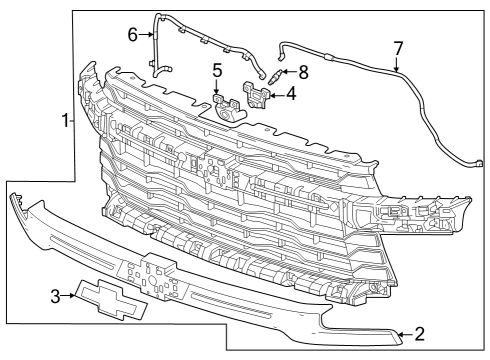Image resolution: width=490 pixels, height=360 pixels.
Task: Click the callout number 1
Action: pyautogui.click(x=66, y=121)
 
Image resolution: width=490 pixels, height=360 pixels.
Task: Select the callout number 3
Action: pyautogui.click(x=56, y=295)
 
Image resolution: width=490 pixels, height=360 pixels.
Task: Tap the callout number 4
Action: pyautogui.click(x=290, y=94)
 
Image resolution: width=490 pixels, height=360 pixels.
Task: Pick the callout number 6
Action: pyautogui.click(x=132, y=34)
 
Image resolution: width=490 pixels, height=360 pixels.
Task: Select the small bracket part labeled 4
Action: pyautogui.click(x=258, y=96)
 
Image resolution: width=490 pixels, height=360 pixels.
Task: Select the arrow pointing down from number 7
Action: pyautogui.click(x=397, y=64)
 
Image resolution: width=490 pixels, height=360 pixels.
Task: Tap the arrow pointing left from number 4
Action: pyautogui.click(x=277, y=95)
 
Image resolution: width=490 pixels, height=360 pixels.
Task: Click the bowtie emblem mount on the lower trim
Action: pyautogui.click(x=147, y=274)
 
